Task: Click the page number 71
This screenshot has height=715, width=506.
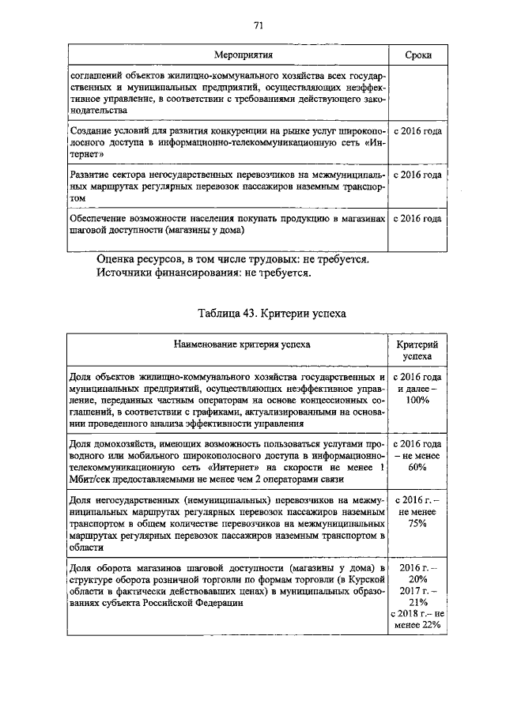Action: [258, 25]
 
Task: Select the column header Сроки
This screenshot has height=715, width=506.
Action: [417, 55]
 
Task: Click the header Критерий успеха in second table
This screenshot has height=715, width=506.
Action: [417, 351]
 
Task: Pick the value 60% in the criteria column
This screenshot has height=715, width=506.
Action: [417, 468]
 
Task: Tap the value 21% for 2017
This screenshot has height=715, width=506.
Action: [417, 601]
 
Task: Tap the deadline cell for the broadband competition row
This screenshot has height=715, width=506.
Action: [417, 131]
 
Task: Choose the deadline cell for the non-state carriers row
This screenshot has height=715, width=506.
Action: [417, 175]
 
